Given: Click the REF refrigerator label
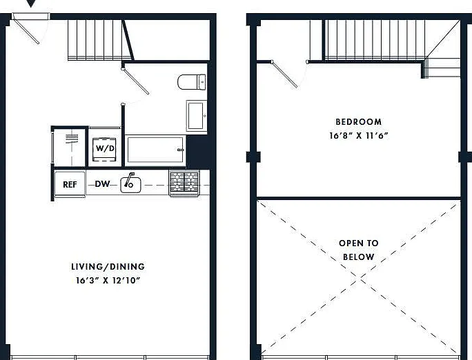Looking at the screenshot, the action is (70, 184).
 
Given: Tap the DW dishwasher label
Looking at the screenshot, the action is (102, 183).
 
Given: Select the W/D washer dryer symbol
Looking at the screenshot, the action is (104, 149).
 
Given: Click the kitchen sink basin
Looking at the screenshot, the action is (130, 185).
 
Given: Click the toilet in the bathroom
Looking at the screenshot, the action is (192, 82).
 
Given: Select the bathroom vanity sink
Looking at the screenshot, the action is (197, 116).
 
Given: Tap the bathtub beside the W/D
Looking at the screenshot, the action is (155, 150).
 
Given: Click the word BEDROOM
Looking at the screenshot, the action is (359, 122).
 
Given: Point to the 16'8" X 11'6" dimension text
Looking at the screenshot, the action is (359, 136).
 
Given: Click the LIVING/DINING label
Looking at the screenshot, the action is (108, 267).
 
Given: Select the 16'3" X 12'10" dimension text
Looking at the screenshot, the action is (108, 281).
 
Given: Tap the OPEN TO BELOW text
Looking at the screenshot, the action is (359, 250).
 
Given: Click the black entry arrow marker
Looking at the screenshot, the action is (31, 3).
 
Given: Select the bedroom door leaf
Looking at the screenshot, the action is (284, 74).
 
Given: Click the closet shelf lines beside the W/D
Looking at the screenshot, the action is (72, 139).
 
